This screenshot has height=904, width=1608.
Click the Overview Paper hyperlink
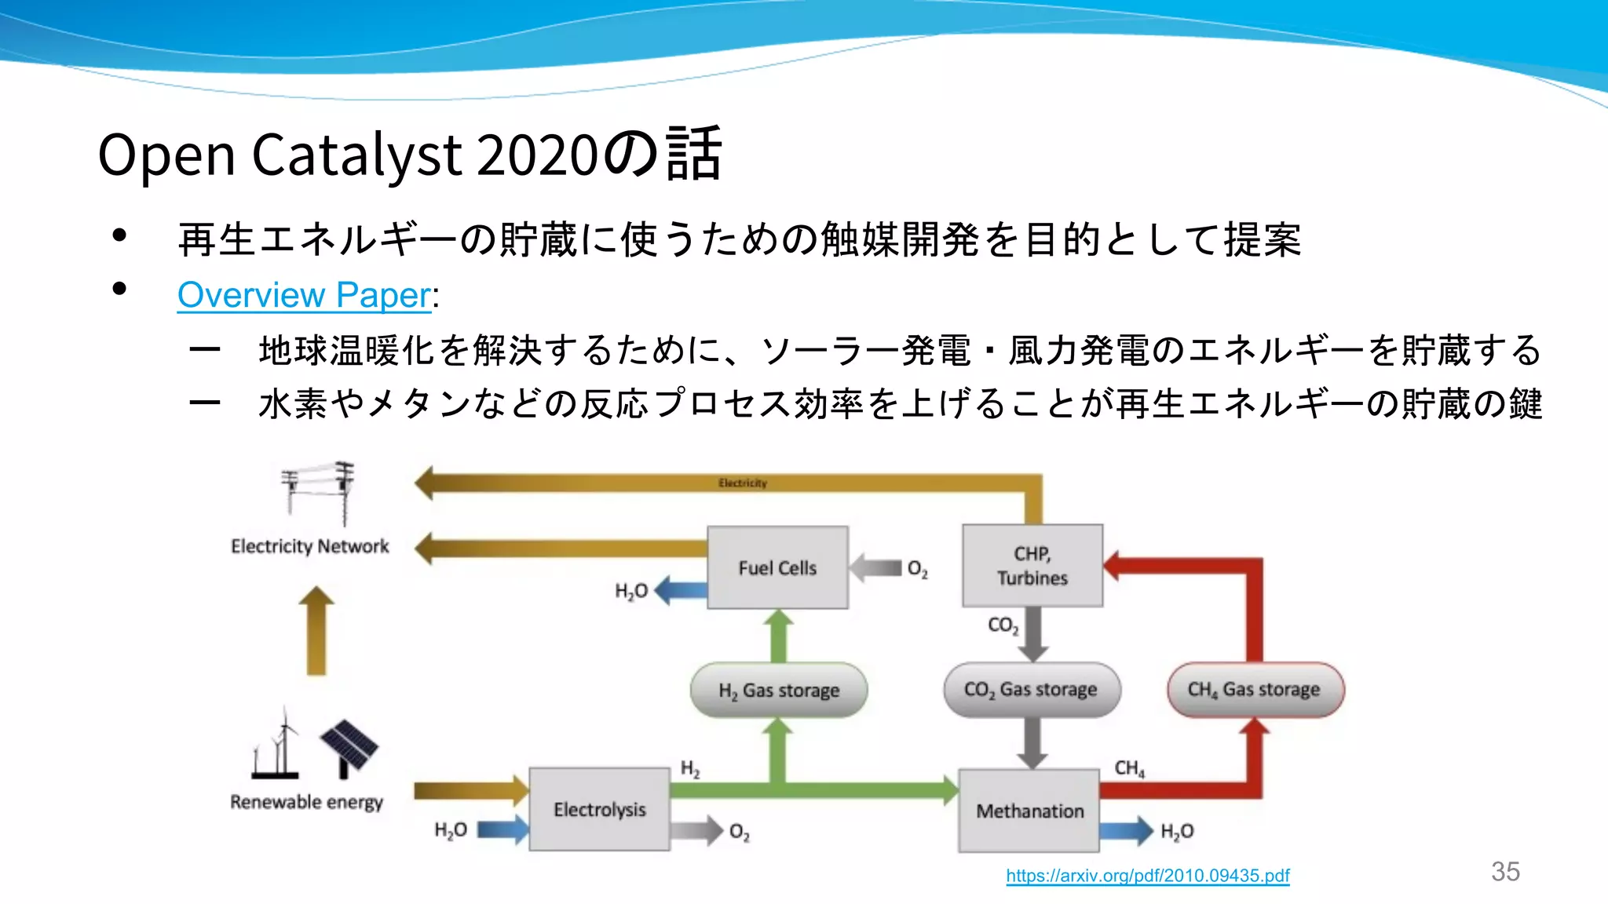[304, 296]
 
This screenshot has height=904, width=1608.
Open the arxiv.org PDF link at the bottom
[1147, 876]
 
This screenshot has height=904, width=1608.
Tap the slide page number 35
[1505, 872]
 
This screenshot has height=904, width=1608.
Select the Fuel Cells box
[777, 567]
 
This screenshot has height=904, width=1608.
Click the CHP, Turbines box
[1032, 566]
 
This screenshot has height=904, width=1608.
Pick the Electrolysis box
[599, 809]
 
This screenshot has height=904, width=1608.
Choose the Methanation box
[1029, 811]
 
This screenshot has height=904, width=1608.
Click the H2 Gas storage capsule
[779, 691]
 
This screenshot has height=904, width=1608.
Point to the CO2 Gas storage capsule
[1031, 690]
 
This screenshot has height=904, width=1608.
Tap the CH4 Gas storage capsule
[1255, 690]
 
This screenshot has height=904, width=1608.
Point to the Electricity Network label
[309, 546]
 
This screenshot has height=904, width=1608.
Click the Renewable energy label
[306, 802]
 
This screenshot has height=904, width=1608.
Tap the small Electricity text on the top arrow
[742, 483]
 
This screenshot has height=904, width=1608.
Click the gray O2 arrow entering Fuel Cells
[875, 568]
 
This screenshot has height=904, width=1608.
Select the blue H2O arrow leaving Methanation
[1126, 831]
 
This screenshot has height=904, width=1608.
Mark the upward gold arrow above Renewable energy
[316, 631]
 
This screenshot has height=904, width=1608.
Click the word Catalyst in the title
[356, 155]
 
